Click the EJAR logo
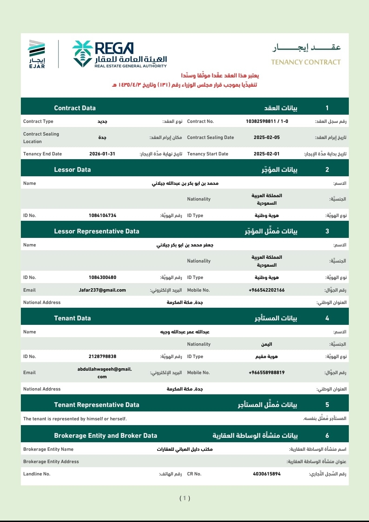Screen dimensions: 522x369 (x=37, y=54)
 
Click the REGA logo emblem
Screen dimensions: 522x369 (x=82, y=54)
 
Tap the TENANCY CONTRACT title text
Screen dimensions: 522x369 (x=306, y=62)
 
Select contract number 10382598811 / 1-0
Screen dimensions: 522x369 (x=267, y=121)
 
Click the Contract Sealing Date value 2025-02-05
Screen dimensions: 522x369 (x=266, y=137)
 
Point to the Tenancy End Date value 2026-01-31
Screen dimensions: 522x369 (x=102, y=154)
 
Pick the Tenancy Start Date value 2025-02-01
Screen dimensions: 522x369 (x=266, y=154)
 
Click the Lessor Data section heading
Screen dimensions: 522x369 (x=73, y=169)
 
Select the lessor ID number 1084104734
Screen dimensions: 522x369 (x=102, y=215)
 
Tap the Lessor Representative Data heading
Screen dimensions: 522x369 (x=96, y=231)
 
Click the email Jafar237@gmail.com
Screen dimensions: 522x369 (x=102, y=290)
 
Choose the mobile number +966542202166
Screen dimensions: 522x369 (x=266, y=290)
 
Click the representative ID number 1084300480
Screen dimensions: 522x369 (x=102, y=277)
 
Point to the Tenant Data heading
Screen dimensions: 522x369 (x=73, y=318)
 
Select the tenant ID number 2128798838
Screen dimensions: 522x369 (x=102, y=356)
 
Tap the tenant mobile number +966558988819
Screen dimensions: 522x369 (x=266, y=372)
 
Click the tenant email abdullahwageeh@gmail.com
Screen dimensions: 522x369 (x=104, y=373)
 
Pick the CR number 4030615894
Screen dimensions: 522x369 (x=266, y=474)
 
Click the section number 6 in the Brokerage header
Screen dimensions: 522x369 (x=327, y=435)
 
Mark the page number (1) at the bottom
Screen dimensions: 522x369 (x=185, y=498)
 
